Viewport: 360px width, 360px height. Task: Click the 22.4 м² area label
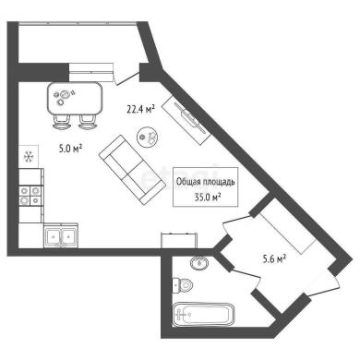pyautogui.click(x=140, y=109)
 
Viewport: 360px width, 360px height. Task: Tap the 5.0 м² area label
pyautogui.click(x=70, y=149)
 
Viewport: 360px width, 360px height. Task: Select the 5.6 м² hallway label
pyautogui.click(x=274, y=259)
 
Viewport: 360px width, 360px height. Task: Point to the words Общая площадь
pyautogui.click(x=205, y=182)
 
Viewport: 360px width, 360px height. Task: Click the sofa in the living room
pyautogui.click(x=132, y=169)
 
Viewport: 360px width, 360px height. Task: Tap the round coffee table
pyautogui.click(x=148, y=137)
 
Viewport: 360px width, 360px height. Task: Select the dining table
pyautogui.click(x=74, y=98)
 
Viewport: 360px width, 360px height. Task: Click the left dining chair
pyautogui.click(x=63, y=122)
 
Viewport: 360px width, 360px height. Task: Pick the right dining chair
pyautogui.click(x=89, y=122)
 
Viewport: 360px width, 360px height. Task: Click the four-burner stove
pyautogui.click(x=30, y=196)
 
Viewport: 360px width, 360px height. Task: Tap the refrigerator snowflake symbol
pyautogui.click(x=29, y=157)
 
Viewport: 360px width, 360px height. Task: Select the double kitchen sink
pyautogui.click(x=61, y=235)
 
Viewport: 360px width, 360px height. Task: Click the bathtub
pyautogui.click(x=203, y=315)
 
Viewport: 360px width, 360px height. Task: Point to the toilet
pyautogui.click(x=182, y=285)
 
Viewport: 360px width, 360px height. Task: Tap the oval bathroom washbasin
pyautogui.click(x=199, y=263)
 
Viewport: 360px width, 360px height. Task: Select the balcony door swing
pyautogui.click(x=126, y=75)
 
